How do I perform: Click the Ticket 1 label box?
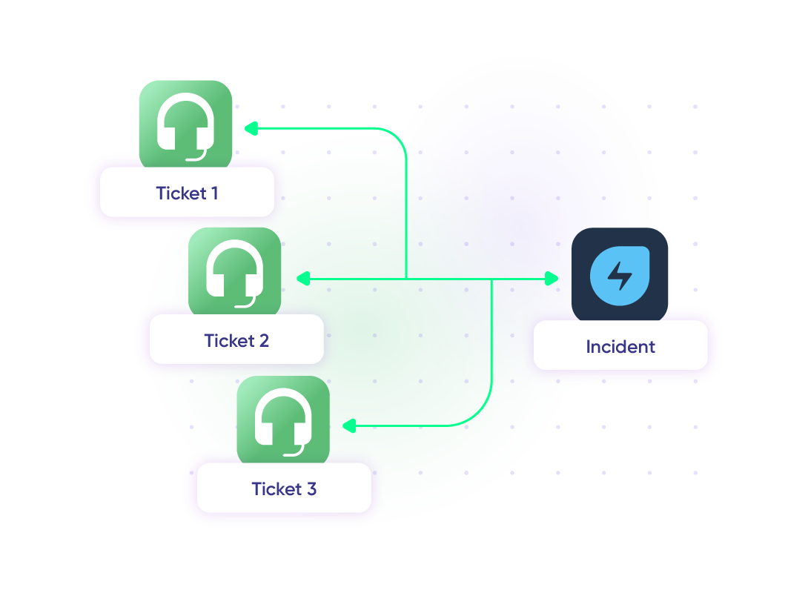pyautogui.click(x=187, y=193)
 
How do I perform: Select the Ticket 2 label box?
pyautogui.click(x=236, y=340)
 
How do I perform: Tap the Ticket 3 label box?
pyautogui.click(x=284, y=488)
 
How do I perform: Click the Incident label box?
pyautogui.click(x=620, y=346)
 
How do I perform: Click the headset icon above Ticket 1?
pyautogui.click(x=185, y=124)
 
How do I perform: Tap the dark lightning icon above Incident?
pyautogui.click(x=620, y=274)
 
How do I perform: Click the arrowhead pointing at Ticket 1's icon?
pyautogui.click(x=251, y=129)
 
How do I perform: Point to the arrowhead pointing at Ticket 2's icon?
pyautogui.click(x=301, y=279)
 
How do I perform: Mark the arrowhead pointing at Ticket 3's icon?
pyautogui.click(x=348, y=426)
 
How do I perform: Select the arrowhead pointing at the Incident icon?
pyautogui.click(x=552, y=279)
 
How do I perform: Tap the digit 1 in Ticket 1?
pyautogui.click(x=214, y=193)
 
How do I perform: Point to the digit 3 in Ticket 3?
pyautogui.click(x=311, y=488)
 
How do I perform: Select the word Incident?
pyautogui.click(x=620, y=346)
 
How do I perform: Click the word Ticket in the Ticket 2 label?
pyautogui.click(x=226, y=340)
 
